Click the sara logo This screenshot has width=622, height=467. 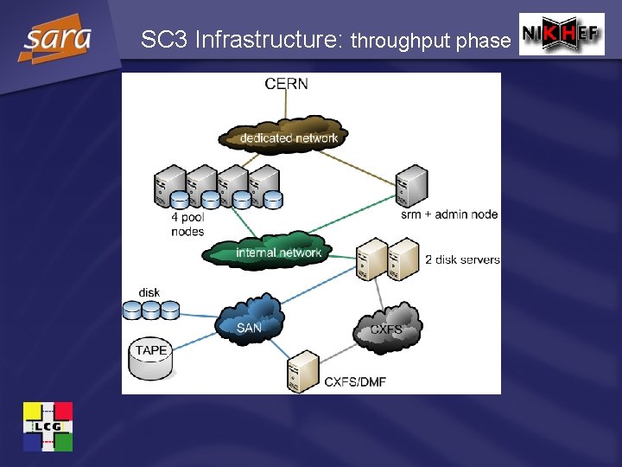point(57,39)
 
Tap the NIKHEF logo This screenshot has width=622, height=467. point(562,35)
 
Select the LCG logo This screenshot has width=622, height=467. point(48,426)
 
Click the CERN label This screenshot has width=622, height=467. point(287,84)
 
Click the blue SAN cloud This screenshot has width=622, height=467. point(250,318)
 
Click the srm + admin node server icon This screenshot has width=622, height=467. point(411,185)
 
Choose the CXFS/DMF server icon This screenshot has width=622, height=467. point(302,369)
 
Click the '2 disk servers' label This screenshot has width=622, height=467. point(462,259)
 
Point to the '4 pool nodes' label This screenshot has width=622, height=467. point(187,225)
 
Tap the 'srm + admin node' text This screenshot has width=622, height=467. point(449,214)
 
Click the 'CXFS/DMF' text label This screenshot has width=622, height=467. point(355,381)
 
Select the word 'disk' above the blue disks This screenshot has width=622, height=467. point(149,292)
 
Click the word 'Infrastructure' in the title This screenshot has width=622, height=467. point(269,40)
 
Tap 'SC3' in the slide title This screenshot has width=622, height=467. point(164,40)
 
